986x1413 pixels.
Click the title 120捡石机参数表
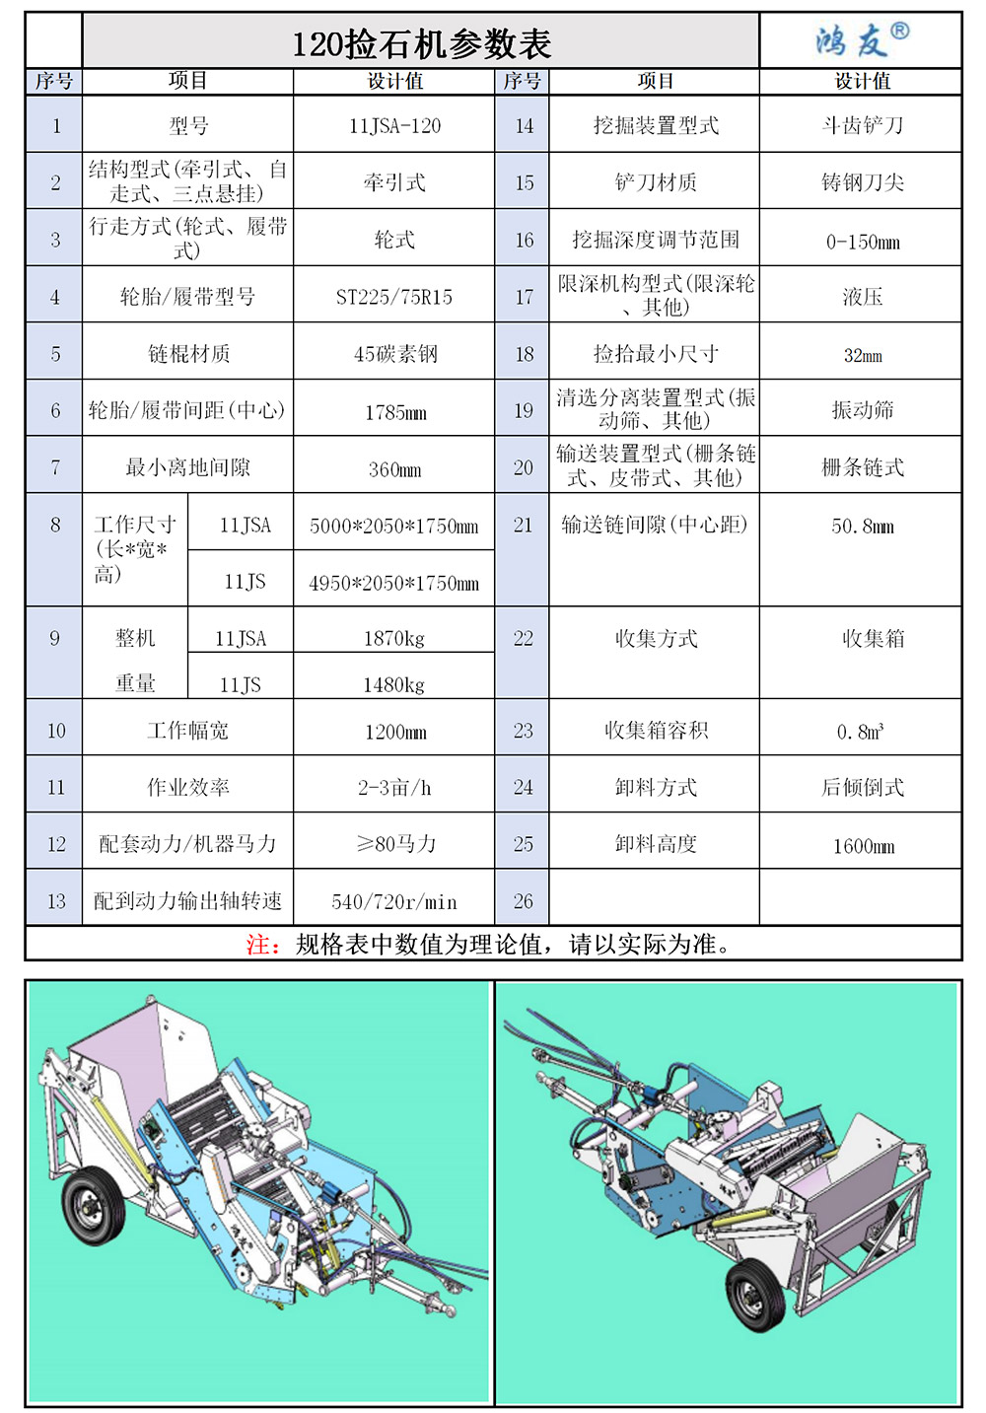click(x=421, y=44)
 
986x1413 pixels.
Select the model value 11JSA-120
click(x=395, y=125)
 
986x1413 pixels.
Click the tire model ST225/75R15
click(x=394, y=297)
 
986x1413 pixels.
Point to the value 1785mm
click(x=395, y=412)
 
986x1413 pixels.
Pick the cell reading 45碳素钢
click(x=395, y=354)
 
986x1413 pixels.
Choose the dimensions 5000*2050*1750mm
click(x=393, y=527)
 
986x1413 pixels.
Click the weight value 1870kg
click(x=394, y=638)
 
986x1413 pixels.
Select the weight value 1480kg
click(x=394, y=684)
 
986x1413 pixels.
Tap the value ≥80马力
click(x=396, y=843)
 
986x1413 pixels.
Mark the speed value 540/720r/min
click(x=394, y=901)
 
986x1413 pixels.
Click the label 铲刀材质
click(x=656, y=182)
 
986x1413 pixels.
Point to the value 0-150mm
click(x=863, y=242)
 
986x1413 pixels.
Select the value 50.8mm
click(x=863, y=527)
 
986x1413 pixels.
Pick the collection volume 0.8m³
click(x=861, y=731)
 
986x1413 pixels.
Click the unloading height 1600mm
click(x=864, y=846)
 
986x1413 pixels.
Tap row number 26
click(x=523, y=901)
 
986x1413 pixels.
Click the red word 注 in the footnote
click(x=257, y=945)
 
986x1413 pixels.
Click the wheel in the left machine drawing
click(x=94, y=1206)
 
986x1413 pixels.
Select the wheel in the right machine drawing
click(x=757, y=1295)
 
